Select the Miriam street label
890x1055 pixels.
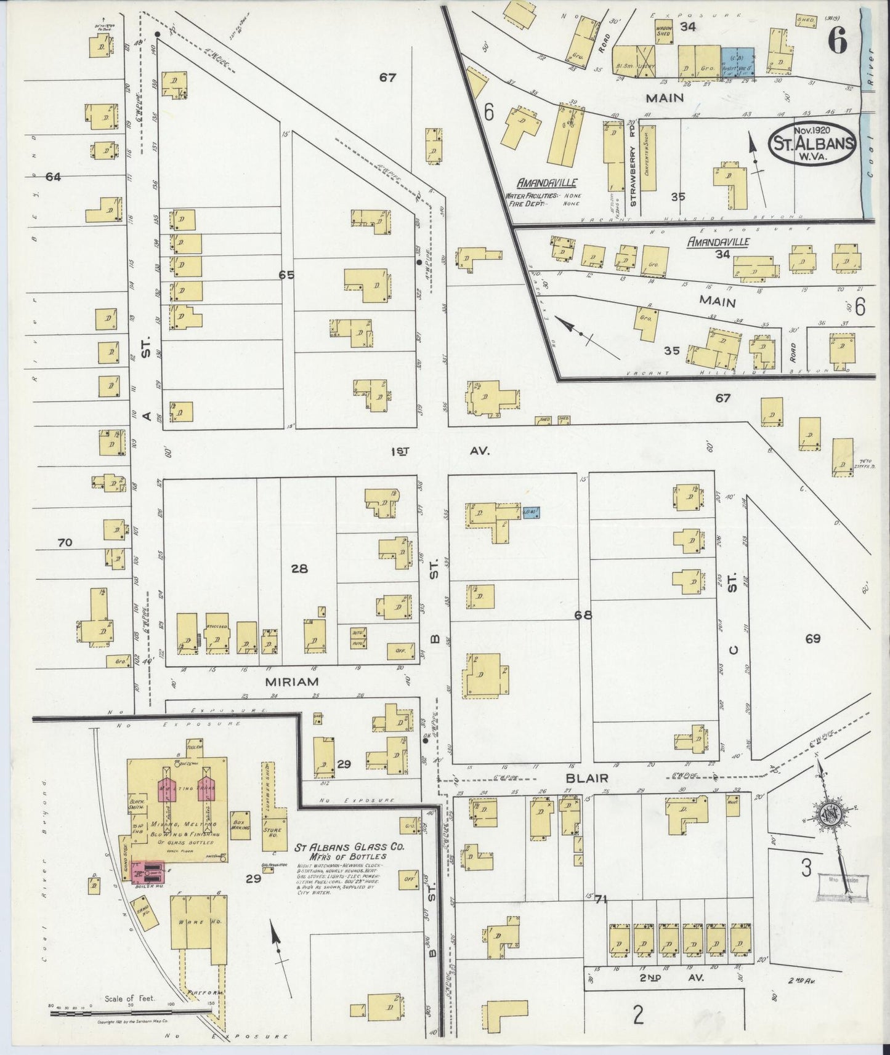(x=291, y=681)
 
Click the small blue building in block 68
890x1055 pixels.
(x=531, y=511)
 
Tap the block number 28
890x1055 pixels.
(x=299, y=569)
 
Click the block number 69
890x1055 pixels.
(x=812, y=638)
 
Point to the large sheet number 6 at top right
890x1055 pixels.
(x=837, y=42)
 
